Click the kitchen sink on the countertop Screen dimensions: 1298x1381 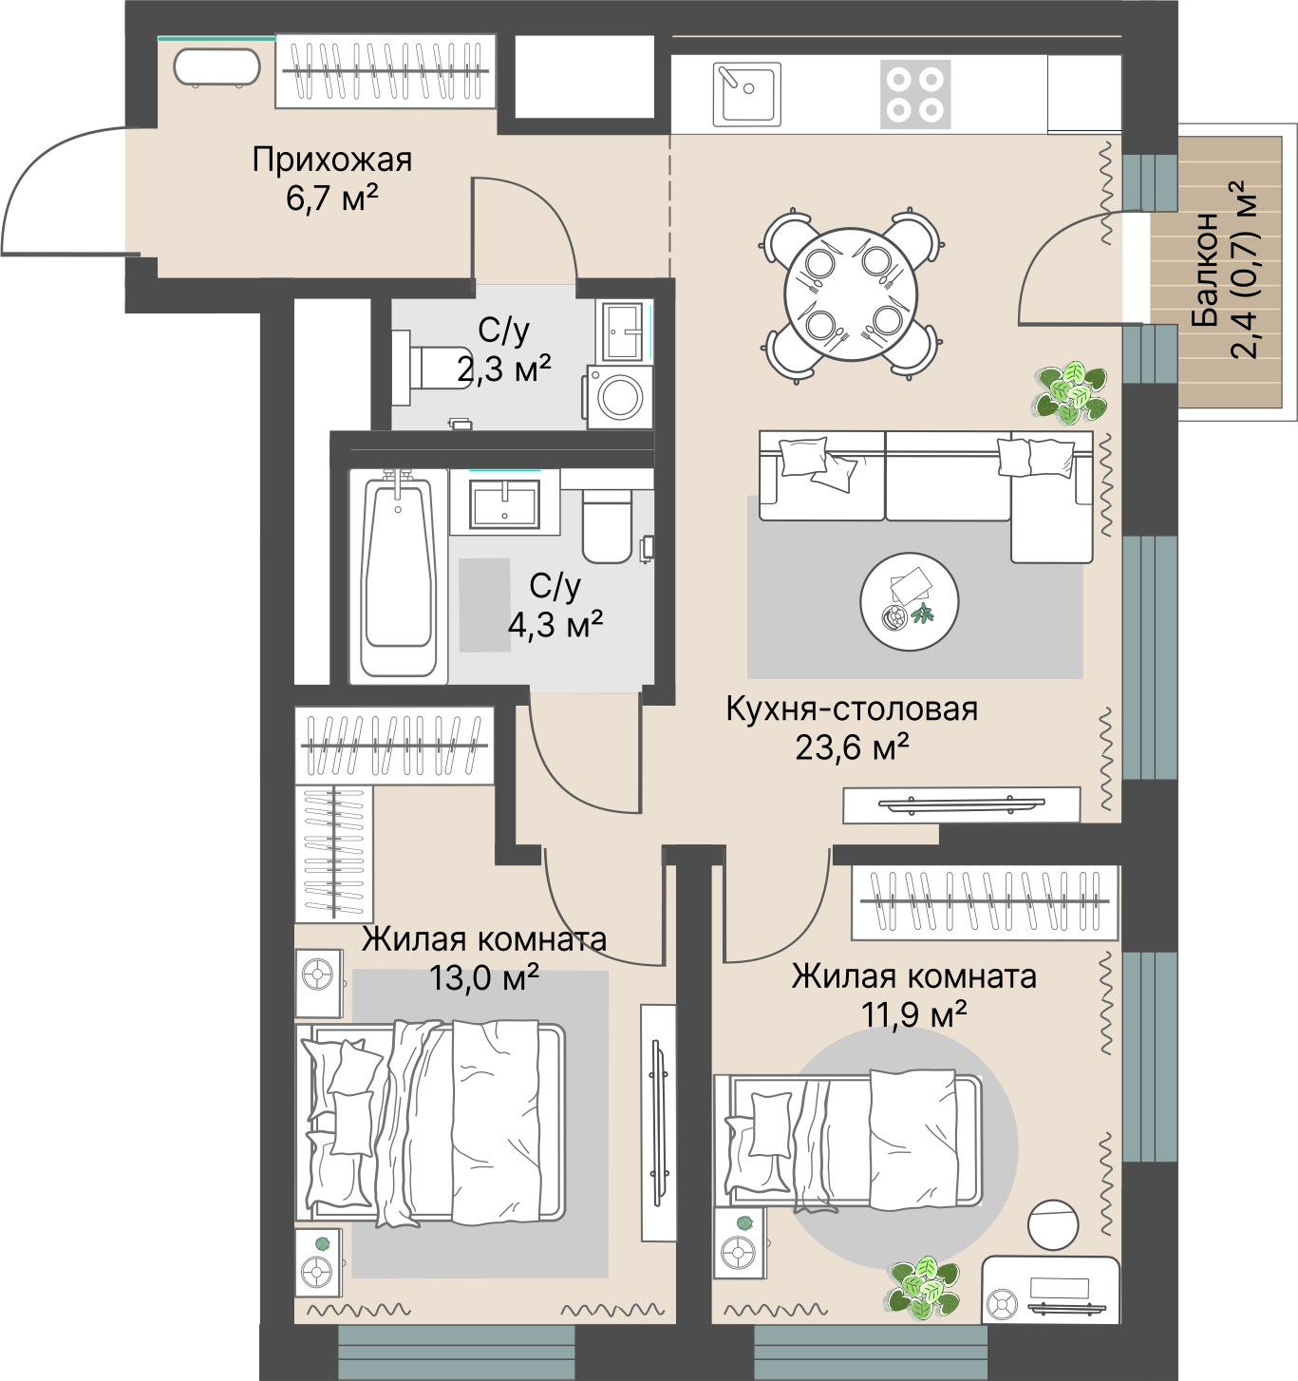click(746, 95)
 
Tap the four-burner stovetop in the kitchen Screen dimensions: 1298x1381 click(915, 95)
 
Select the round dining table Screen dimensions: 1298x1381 click(851, 294)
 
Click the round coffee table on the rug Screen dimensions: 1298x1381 click(910, 601)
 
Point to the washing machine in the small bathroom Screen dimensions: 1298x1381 click(619, 397)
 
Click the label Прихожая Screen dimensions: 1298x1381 click(332, 160)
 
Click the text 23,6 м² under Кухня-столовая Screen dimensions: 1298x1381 click(852, 747)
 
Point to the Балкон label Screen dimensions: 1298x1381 click(1206, 269)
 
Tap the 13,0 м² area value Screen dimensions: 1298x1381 click(484, 977)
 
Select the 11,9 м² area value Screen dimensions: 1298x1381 click(914, 1014)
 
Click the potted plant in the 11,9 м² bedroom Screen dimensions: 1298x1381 click(924, 1288)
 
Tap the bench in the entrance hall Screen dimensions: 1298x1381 click(216, 67)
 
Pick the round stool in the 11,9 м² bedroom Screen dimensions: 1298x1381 click(1053, 1224)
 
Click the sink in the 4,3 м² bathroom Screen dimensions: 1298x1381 click(504, 502)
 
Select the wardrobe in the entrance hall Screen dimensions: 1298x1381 click(386, 71)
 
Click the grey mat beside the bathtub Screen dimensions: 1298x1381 click(484, 605)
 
